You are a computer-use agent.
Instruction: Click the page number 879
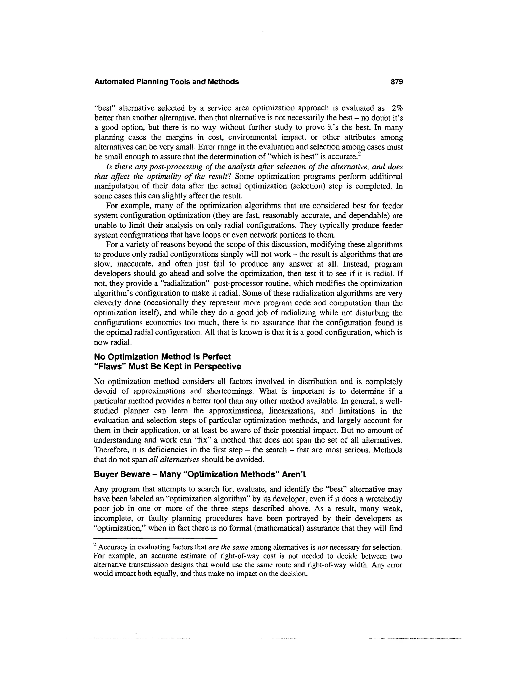click(x=397, y=82)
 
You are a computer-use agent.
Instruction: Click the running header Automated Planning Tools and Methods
click(x=166, y=82)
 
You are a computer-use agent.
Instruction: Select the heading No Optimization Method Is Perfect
click(x=162, y=357)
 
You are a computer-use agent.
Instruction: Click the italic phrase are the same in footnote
click(x=228, y=548)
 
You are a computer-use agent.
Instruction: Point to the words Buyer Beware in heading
click(x=122, y=474)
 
